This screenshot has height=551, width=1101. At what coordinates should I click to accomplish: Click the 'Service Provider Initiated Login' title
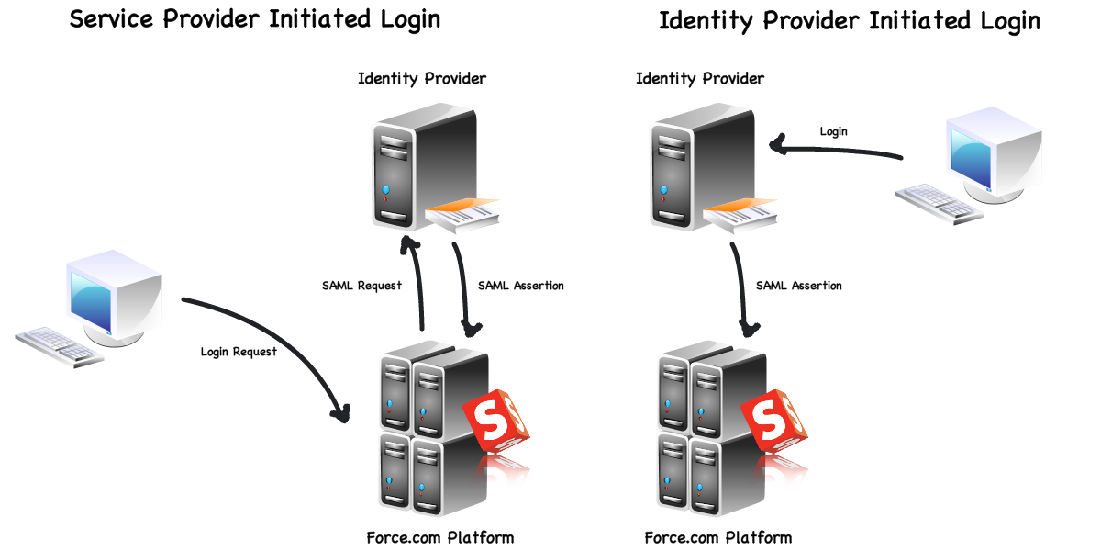[255, 19]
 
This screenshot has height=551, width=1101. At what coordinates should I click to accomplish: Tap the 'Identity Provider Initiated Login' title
[850, 21]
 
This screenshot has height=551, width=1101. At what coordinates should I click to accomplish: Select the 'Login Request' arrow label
[239, 352]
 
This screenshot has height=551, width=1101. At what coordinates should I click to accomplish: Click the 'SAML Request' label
[361, 286]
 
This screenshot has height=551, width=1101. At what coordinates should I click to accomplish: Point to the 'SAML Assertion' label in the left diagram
[521, 286]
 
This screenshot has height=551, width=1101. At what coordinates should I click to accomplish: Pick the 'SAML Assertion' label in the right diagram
[799, 286]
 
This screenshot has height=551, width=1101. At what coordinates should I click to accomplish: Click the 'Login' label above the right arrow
[833, 131]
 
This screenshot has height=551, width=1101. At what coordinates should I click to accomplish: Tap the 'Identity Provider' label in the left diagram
[422, 79]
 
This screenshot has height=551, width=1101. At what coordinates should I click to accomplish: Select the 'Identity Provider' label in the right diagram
[700, 79]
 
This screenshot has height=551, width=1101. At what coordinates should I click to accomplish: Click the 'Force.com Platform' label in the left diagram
[440, 537]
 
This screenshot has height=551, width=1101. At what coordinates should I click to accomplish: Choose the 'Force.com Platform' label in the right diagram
[718, 537]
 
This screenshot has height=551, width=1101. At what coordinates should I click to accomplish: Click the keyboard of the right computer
[939, 201]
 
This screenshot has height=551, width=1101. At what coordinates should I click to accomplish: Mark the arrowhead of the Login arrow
[777, 144]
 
